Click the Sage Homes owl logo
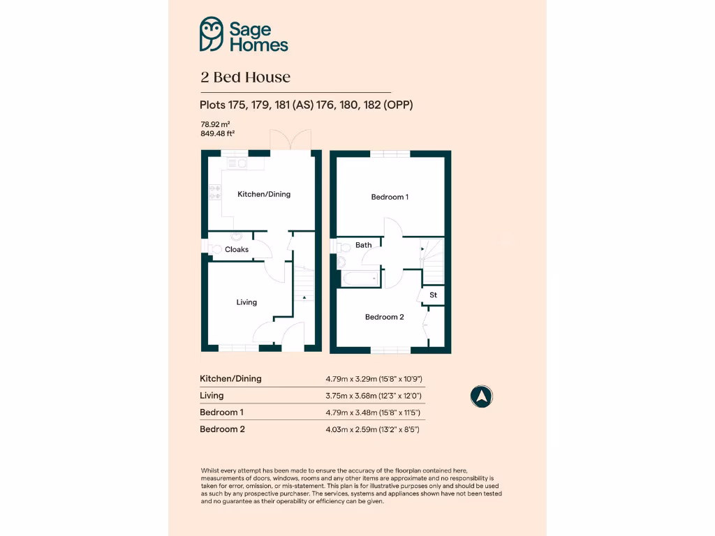(x=211, y=34)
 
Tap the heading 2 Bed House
(x=245, y=77)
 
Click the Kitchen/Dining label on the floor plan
(x=264, y=194)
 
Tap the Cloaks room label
(x=237, y=249)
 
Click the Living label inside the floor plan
(x=246, y=302)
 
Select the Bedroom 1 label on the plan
(x=390, y=197)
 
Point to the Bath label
(x=364, y=245)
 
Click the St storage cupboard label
(x=433, y=295)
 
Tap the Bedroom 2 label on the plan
(x=385, y=317)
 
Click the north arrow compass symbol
(x=481, y=396)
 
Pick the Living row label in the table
(x=212, y=396)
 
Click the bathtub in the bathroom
(x=360, y=278)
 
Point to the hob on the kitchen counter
(x=214, y=192)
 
